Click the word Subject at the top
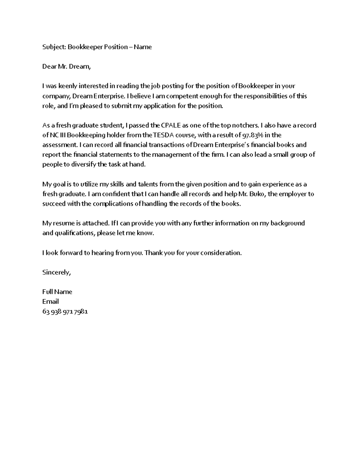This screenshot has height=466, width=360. pos(54,47)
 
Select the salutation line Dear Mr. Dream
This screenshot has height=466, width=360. pos(66,67)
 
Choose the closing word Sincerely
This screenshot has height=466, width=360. pos(56,272)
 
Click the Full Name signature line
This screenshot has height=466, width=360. pos(57,292)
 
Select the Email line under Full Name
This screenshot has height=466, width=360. pos(50,302)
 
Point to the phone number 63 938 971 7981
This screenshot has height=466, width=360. pos(65,311)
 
